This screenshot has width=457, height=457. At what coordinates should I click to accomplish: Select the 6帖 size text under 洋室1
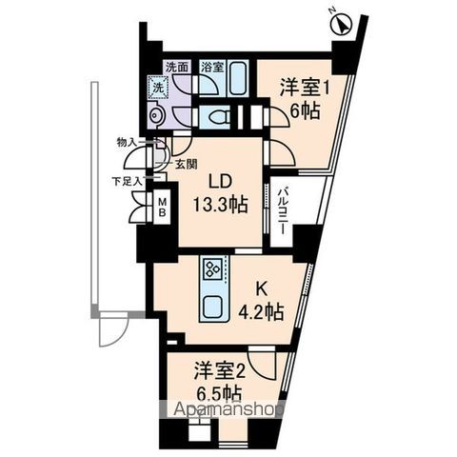(304, 111)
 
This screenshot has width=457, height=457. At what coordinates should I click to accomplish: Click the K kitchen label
(256, 287)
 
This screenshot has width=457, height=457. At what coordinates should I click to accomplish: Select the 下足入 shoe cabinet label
(123, 179)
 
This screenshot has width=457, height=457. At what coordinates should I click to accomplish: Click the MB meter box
(162, 206)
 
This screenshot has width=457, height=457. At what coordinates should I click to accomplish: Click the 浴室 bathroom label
(211, 68)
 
